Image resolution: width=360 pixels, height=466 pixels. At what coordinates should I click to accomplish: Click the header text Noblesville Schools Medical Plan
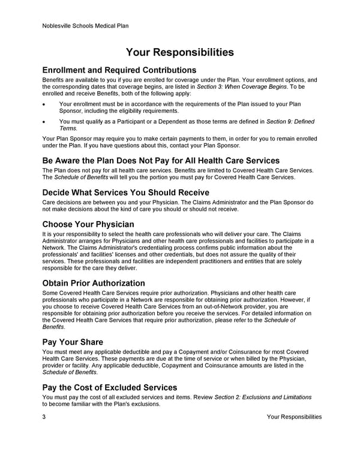[x=86, y=26]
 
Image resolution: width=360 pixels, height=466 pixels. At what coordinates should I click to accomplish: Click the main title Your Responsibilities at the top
[x=180, y=52]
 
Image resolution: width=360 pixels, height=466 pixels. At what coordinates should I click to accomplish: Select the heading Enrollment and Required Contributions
[x=119, y=70]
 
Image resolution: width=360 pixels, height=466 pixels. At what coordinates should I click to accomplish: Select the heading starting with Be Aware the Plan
[x=161, y=160]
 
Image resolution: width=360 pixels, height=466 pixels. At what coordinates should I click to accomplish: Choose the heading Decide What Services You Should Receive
[x=125, y=192]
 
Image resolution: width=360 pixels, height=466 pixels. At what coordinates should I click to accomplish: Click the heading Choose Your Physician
[x=88, y=224]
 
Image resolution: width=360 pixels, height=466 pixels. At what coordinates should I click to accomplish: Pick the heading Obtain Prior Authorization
[x=94, y=283]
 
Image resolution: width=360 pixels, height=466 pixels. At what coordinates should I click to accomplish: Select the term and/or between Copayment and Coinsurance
[x=194, y=351]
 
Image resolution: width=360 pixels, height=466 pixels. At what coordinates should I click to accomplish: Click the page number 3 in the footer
[x=44, y=417]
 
